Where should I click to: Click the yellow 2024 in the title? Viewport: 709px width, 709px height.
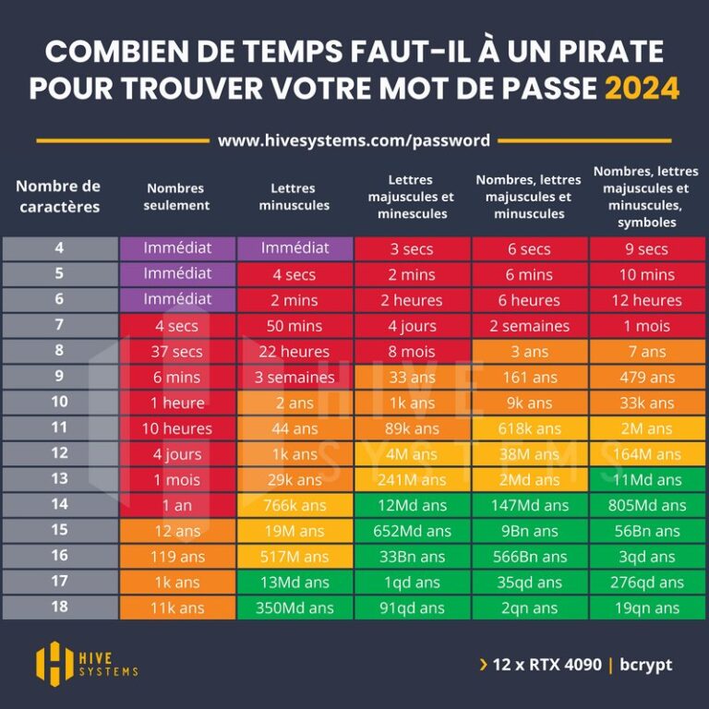(642, 88)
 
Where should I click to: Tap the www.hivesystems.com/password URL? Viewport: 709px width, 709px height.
(354, 141)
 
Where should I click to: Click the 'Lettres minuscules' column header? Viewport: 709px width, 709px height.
(294, 197)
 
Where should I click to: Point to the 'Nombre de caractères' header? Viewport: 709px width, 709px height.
(58, 196)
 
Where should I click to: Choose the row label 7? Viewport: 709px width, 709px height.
(59, 325)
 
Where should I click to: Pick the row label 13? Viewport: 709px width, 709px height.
(59, 479)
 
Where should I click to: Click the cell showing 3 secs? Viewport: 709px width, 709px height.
(412, 248)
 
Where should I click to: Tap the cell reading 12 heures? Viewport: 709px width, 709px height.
(646, 300)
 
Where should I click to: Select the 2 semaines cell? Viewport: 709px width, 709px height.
(530, 325)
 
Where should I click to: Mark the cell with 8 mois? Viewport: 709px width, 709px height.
(412, 351)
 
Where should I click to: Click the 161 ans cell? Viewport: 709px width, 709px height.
(530, 377)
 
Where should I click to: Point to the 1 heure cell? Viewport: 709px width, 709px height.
(177, 403)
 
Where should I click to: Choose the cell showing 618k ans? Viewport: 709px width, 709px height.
(530, 428)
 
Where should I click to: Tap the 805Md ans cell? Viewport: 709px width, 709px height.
(646, 505)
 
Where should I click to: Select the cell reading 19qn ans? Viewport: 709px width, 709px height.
(646, 607)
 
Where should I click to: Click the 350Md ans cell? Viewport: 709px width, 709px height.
(294, 607)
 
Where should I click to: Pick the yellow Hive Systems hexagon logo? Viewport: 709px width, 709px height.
(54, 663)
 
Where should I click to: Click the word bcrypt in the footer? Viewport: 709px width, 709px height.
(645, 665)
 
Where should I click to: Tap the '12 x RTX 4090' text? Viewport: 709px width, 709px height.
(547, 665)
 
